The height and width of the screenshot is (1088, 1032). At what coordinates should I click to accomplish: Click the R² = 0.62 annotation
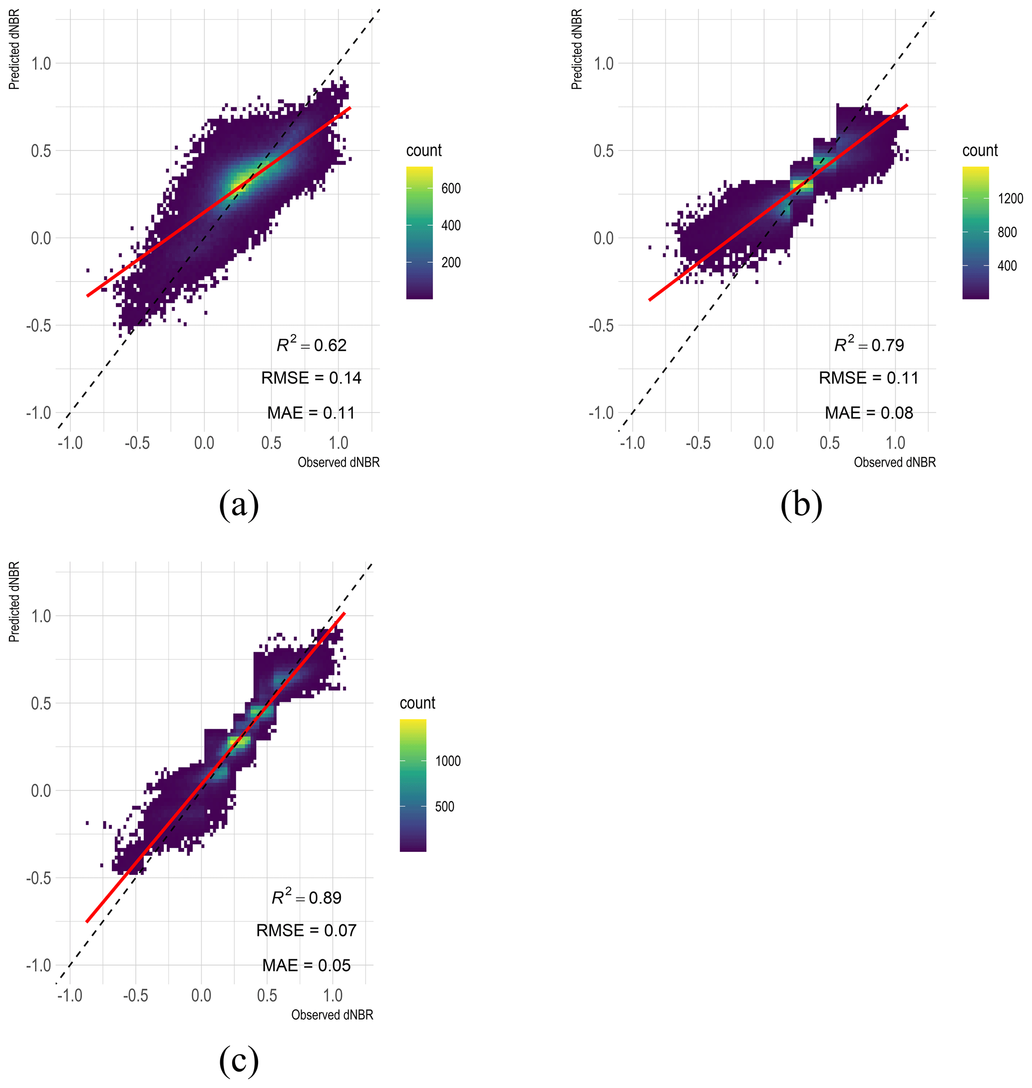(x=312, y=345)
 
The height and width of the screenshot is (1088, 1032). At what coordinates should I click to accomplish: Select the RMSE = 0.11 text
(x=869, y=378)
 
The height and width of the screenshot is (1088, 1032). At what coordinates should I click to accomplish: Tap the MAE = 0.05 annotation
(x=307, y=965)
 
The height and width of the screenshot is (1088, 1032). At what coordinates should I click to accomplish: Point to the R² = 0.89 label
(x=307, y=898)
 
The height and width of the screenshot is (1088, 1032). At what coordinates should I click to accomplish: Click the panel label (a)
(x=239, y=504)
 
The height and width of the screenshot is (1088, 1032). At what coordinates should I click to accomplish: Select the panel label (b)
(x=801, y=504)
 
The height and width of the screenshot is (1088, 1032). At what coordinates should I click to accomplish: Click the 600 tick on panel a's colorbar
(x=451, y=189)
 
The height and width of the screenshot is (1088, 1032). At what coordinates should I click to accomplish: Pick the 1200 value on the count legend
(x=1011, y=199)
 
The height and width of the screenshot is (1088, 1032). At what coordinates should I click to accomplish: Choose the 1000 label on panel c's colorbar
(x=448, y=761)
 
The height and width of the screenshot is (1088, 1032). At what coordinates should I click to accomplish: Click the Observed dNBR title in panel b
(x=895, y=462)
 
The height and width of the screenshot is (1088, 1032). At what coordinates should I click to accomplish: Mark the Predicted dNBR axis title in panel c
(x=14, y=601)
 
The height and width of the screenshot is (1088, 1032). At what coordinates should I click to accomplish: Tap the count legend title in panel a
(x=423, y=150)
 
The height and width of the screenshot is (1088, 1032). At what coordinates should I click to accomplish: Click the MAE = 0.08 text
(x=869, y=413)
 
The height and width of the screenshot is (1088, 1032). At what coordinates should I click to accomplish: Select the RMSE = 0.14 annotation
(x=312, y=378)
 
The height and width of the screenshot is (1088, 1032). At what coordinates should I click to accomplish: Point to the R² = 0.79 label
(x=869, y=345)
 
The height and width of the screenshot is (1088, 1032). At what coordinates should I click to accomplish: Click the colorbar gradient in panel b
(x=976, y=233)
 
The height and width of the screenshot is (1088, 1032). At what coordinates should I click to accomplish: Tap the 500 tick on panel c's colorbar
(x=444, y=807)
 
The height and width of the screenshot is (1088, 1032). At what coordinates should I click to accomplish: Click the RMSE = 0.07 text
(x=307, y=930)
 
